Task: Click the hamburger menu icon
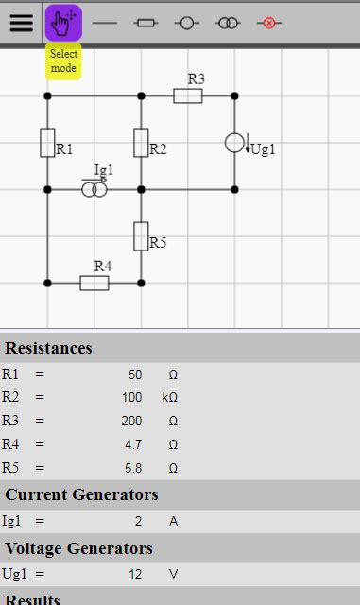tap(21, 23)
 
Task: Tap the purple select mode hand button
tap(63, 23)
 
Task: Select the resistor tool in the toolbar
tap(146, 23)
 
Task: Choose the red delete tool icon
tap(269, 23)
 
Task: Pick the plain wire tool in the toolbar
tap(105, 23)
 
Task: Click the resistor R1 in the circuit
tap(47, 143)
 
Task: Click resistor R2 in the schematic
tap(141, 143)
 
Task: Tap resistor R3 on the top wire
tap(187, 95)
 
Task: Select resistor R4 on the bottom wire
tap(94, 283)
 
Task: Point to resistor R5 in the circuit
tap(141, 235)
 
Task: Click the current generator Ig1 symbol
tap(94, 190)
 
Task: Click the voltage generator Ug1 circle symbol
tap(234, 143)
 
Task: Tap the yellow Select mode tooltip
tap(64, 61)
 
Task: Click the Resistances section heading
tap(49, 348)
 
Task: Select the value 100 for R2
tap(131, 397)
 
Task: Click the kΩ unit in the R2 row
tap(171, 397)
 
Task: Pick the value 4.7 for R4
tap(132, 444)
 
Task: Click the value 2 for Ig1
tap(138, 520)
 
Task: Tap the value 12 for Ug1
tap(134, 573)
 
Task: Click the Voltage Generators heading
tap(78, 547)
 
